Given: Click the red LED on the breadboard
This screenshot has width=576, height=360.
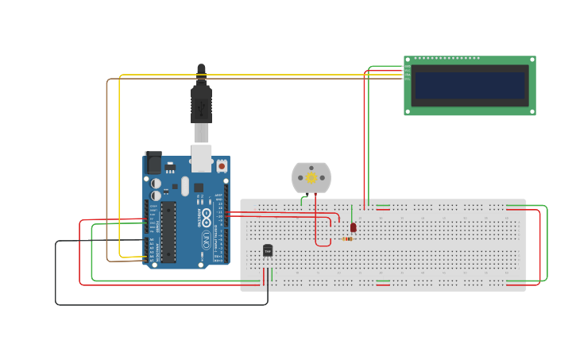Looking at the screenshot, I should coord(354,227).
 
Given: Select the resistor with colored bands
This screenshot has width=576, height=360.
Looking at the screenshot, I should coord(347,238).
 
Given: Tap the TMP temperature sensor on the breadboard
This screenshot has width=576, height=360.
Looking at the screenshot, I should coord(268,250).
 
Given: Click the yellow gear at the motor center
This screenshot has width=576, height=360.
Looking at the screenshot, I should coord(311,178).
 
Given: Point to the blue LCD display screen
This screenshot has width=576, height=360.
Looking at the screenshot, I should coord(470,85).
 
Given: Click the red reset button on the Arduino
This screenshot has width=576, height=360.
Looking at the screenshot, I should coord(222,165).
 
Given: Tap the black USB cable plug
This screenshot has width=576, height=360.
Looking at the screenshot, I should coord(201,104).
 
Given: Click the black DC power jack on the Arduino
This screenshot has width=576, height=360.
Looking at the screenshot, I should coord(153,162).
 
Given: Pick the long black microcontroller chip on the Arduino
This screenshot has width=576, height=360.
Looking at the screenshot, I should coord(168,230).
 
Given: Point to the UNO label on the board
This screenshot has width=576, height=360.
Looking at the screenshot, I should coord(206,238).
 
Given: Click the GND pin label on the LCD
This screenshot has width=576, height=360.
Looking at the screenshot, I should coord(408,66).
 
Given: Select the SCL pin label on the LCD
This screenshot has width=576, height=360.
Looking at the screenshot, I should coord(408,78).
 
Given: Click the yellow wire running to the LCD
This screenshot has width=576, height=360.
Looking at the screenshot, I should coord(120,159).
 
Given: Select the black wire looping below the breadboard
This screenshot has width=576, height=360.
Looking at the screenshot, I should coord(159,304).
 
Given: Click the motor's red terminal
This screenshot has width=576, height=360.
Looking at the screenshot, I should coord(315,195).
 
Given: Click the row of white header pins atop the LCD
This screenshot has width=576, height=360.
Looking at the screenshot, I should coord(447,58).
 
